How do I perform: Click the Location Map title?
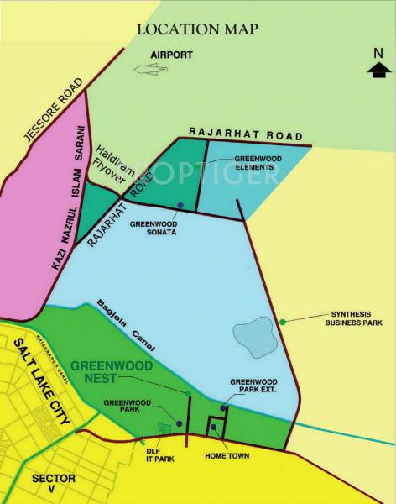coord(197,29)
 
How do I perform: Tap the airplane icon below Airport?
coord(154,75)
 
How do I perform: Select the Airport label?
coord(171,55)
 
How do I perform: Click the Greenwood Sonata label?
coord(153,228)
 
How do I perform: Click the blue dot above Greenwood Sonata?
coord(180,205)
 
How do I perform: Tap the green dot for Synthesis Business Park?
coord(283,321)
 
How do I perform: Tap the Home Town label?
coord(223,456)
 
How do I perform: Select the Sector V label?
coord(53,483)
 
